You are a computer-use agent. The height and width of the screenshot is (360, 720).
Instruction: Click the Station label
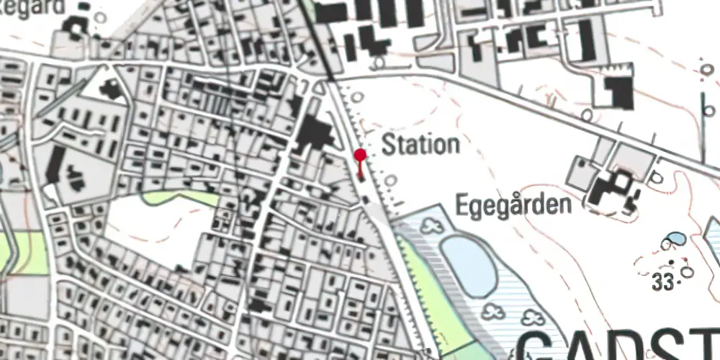pyautogui.click(x=420, y=145)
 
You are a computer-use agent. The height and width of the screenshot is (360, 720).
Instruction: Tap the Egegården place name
pyautogui.click(x=514, y=205)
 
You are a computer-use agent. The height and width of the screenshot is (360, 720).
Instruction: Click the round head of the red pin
pyautogui.click(x=361, y=154)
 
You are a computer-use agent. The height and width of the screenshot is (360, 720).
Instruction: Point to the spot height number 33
pyautogui.click(x=662, y=283)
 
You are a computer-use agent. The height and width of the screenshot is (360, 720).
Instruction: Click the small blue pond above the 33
pyautogui.click(x=675, y=238)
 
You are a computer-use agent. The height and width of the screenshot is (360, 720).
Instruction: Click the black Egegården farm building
pyautogui.click(x=612, y=191)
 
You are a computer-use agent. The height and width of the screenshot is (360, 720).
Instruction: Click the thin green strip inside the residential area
pyautogui.click(x=180, y=197)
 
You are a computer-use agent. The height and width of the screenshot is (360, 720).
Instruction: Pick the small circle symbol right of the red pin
pyautogui.click(x=390, y=180)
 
